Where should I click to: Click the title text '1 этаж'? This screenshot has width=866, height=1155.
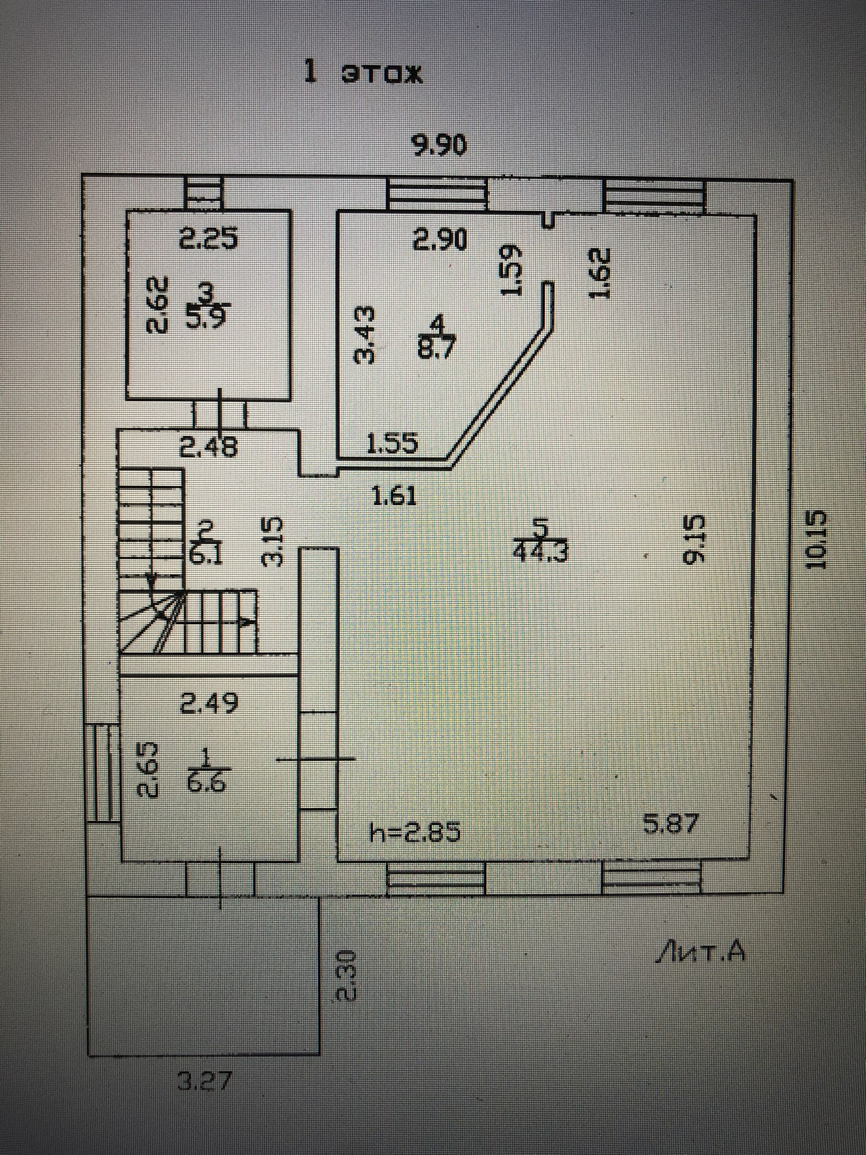coord(364,74)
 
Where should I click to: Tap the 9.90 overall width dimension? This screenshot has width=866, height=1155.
coord(438,147)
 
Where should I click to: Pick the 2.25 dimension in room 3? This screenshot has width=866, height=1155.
coord(208,239)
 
